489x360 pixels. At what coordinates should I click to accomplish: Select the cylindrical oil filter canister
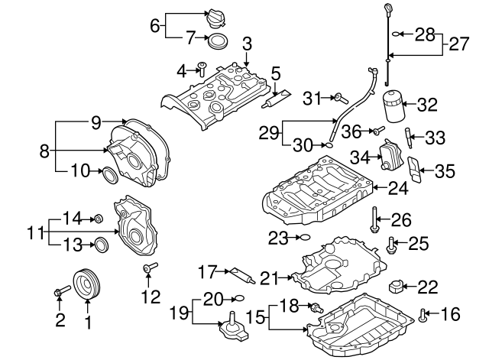pyautogui.click(x=391, y=107)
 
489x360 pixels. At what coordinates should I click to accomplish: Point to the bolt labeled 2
pyautogui.click(x=62, y=291)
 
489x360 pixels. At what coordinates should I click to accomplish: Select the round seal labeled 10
pyautogui.click(x=110, y=174)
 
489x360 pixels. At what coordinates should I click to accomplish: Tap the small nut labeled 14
pyautogui.click(x=99, y=220)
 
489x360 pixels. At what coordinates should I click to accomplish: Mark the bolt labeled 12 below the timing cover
pyautogui.click(x=147, y=269)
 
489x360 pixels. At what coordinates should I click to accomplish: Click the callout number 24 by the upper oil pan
pyautogui.click(x=396, y=186)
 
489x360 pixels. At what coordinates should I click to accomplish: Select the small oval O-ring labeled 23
pyautogui.click(x=303, y=238)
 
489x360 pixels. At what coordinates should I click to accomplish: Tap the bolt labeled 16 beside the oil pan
pyautogui.click(x=423, y=313)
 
